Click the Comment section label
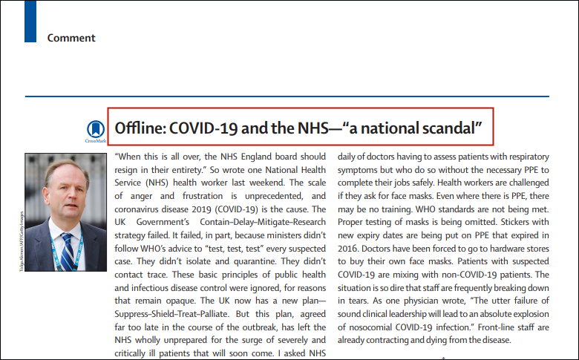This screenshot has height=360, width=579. tap(71, 38)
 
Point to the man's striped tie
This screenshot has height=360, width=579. tap(68, 252)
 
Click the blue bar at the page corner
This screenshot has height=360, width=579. tap(30, 20)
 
